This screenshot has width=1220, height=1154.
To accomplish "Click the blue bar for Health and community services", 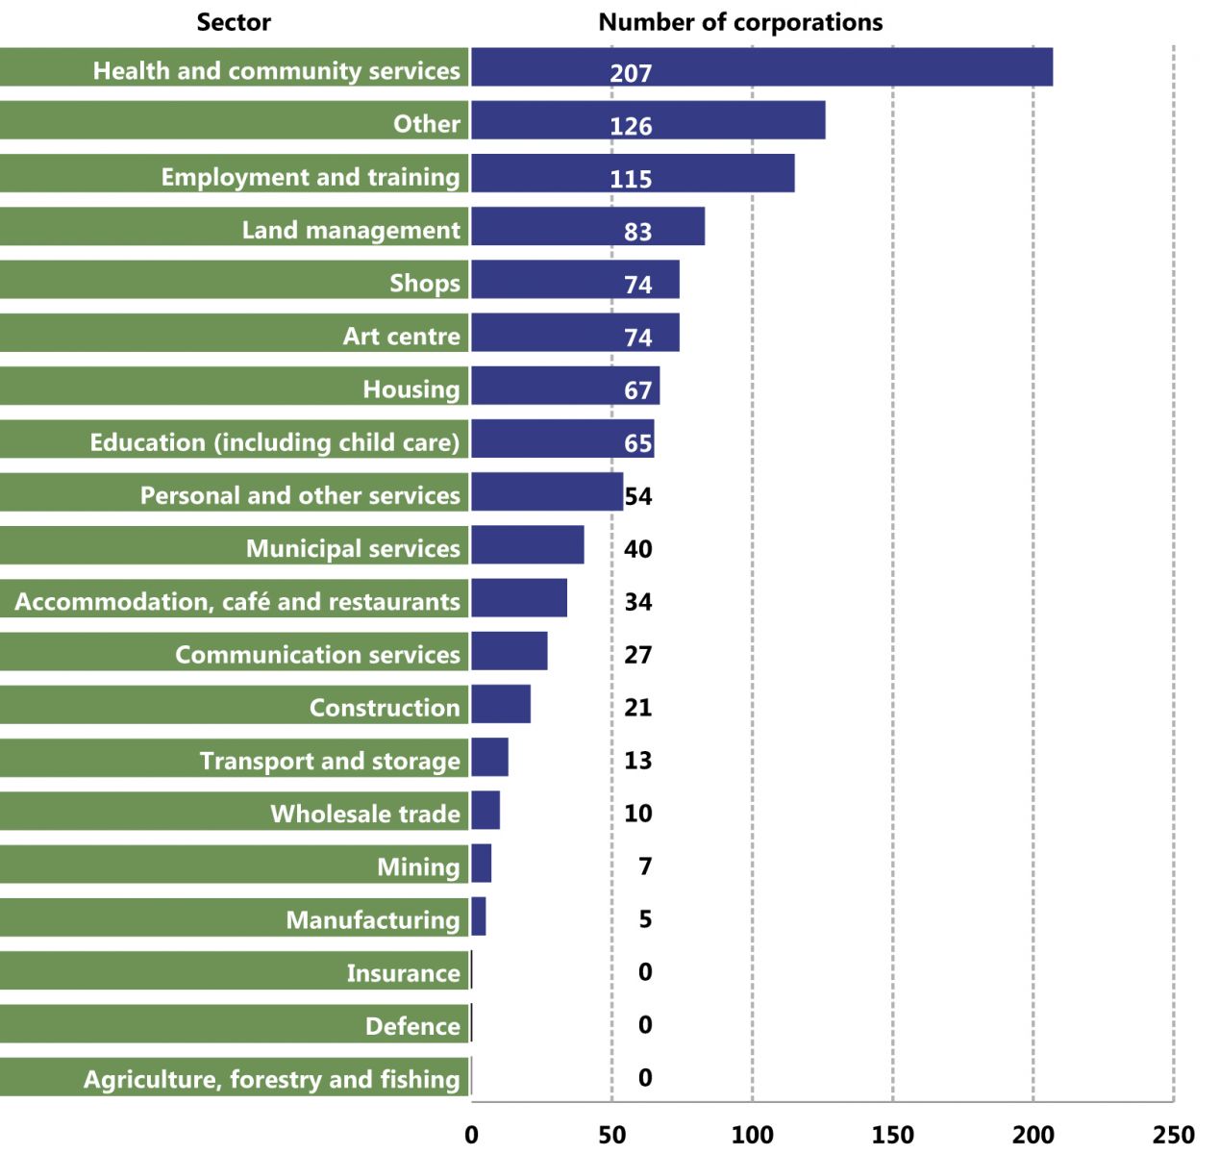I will coord(761,67).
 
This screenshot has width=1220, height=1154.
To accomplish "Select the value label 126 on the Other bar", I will coord(631,126).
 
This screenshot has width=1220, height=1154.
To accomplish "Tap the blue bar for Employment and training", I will coord(633,173).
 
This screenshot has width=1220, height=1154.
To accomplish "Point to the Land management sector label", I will coord(351,230).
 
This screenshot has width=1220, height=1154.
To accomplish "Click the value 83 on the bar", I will coord(637,232).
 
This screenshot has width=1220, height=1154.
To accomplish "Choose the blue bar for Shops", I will coord(575,279).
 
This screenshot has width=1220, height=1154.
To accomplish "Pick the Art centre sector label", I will coord(401,336).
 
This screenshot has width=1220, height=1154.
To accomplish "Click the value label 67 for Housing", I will coord(637,390).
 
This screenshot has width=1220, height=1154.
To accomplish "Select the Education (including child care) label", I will coord(274,442).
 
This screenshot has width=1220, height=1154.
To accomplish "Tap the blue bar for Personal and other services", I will coord(546,491).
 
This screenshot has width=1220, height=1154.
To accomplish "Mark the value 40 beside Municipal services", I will coord(637,549).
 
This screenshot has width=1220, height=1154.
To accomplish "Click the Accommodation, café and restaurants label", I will coord(237,602).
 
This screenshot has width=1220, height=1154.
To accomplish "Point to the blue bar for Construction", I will coord(500,704).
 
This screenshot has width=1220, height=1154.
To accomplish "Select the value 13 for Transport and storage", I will coord(637,761).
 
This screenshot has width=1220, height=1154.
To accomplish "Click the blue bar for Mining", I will coord(481,864).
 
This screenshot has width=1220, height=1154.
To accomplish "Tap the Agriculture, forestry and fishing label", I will coord(271,1079).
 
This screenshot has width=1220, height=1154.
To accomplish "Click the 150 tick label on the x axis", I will coord(892,1135).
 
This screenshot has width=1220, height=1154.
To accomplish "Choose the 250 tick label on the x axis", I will coord(1173,1135).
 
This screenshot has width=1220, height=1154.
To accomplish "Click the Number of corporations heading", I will coord(740,22).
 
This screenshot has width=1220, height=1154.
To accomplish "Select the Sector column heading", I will coord(234,22).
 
